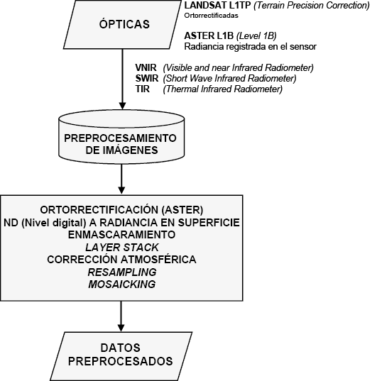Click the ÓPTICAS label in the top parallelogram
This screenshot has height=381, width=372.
click(124, 24)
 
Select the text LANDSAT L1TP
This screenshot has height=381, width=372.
click(217, 6)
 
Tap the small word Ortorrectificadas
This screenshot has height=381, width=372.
click(211, 16)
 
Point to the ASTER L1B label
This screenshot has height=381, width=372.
click(209, 35)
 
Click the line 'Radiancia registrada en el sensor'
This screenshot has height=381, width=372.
click(250, 46)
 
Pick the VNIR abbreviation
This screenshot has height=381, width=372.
click(146, 67)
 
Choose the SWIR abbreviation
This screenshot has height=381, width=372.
click(147, 78)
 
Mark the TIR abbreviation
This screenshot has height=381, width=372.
click(143, 89)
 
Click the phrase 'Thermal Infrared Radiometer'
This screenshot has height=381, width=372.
click(223, 89)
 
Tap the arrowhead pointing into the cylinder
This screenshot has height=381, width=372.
click(122, 106)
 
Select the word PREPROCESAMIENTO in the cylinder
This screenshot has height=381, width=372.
click(120, 138)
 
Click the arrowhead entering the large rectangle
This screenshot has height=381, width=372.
click(121, 190)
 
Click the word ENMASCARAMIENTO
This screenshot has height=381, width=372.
click(121, 235)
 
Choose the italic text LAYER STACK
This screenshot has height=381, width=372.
click(122, 248)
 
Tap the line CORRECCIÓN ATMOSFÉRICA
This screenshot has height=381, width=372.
click(121, 259)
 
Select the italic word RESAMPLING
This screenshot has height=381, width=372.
click(122, 272)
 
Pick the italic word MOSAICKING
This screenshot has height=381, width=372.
click(122, 284)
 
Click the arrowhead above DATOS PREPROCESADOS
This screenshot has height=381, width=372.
click(121, 327)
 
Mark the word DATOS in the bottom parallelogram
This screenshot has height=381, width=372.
click(121, 348)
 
